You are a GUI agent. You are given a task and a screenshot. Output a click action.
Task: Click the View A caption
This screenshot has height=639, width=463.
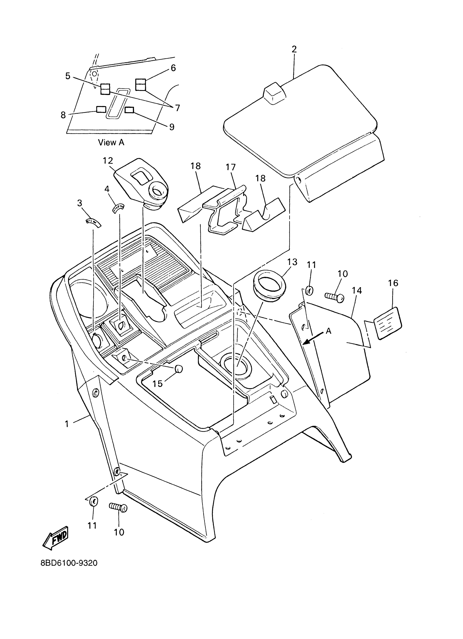111,143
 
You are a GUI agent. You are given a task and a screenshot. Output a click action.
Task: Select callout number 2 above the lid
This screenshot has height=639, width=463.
294,49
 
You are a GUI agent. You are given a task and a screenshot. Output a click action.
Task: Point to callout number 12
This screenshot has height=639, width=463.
108,161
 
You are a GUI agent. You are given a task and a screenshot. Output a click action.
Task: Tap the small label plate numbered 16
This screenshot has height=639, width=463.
388,323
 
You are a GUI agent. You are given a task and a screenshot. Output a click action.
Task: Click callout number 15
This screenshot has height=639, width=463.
157,383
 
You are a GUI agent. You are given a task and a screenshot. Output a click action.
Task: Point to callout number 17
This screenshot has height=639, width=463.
230,167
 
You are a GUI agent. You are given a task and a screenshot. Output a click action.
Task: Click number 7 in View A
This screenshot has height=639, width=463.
177,108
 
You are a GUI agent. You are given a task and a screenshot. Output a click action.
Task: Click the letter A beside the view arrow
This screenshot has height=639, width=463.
328,331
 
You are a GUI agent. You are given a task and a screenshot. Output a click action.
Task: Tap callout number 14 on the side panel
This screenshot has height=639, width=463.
357,291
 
